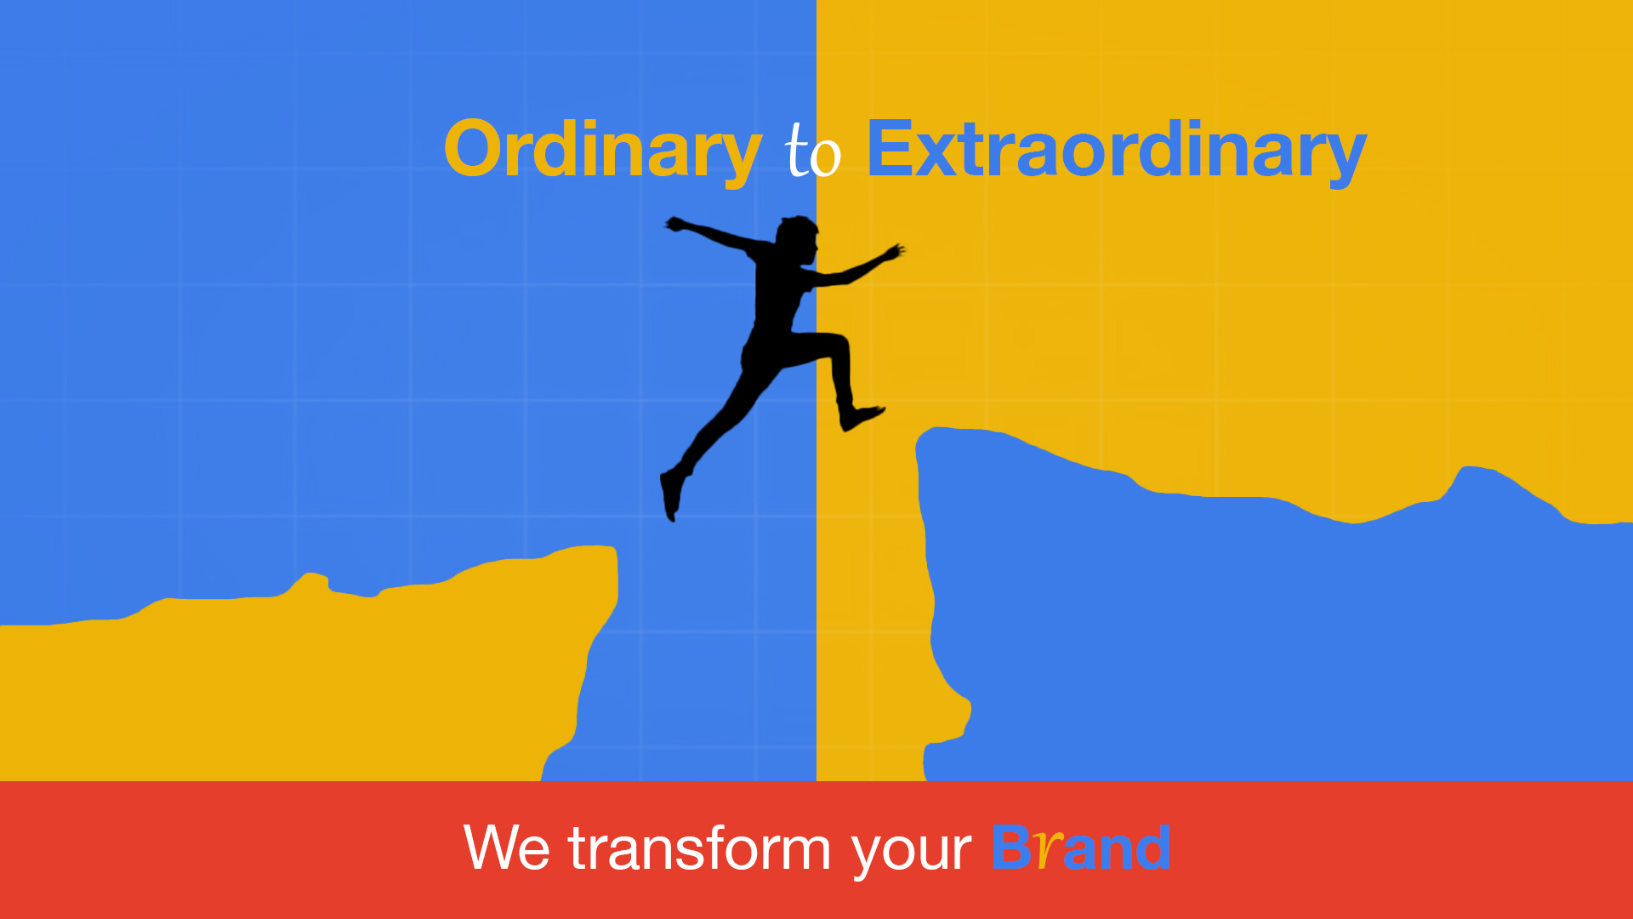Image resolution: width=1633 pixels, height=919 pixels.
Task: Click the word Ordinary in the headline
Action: point(602,151)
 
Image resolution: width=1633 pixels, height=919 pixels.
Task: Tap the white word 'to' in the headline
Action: point(813,151)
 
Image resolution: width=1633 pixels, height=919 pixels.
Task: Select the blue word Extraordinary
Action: point(1116,151)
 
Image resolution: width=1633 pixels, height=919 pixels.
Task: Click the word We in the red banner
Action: point(507,848)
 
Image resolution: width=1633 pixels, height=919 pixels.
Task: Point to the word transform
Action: point(699,848)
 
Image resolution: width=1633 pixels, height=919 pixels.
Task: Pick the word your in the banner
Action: point(911,851)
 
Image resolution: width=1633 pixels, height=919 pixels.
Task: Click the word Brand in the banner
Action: point(1081,848)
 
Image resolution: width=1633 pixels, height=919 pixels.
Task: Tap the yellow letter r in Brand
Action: point(1050,850)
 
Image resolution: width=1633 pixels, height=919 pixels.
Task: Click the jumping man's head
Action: point(798,239)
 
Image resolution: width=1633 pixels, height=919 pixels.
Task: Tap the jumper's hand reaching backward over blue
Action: point(677,225)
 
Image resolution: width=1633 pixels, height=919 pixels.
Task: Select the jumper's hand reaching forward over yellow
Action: point(894,252)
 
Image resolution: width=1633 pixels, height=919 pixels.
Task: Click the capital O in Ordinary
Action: point(475,149)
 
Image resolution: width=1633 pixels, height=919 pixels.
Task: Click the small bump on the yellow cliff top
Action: point(311,582)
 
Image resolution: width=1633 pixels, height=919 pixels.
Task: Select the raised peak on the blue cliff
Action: point(1476,473)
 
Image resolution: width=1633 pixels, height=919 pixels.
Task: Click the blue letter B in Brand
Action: point(1011,848)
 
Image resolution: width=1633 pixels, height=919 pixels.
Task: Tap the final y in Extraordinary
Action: point(1344,157)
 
